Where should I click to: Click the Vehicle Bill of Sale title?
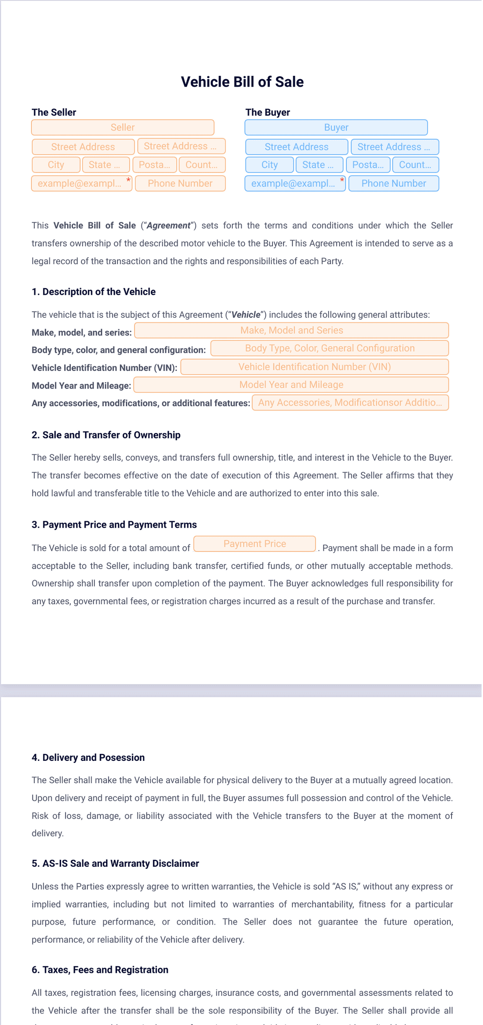[x=242, y=82]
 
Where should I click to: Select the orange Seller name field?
[x=123, y=127]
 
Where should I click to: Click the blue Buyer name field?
[x=336, y=127]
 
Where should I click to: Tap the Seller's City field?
[x=56, y=165]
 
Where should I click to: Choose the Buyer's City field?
[x=269, y=165]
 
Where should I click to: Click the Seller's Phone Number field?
[x=180, y=183]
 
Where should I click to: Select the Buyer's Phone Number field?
[x=393, y=183]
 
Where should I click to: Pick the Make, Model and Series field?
[x=291, y=330]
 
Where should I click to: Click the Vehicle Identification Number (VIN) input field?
[x=315, y=367]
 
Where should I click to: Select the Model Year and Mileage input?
[x=291, y=384]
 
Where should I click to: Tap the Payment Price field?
[x=254, y=543]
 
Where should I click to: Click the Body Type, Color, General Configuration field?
[x=329, y=348]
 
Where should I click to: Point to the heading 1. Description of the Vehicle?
[x=93, y=292]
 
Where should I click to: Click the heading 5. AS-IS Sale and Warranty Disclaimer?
[x=115, y=864]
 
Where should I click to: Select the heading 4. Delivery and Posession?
[x=88, y=758]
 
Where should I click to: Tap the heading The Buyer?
[x=267, y=112]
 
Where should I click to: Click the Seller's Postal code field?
[x=155, y=165]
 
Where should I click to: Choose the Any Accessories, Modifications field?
[x=350, y=402]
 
